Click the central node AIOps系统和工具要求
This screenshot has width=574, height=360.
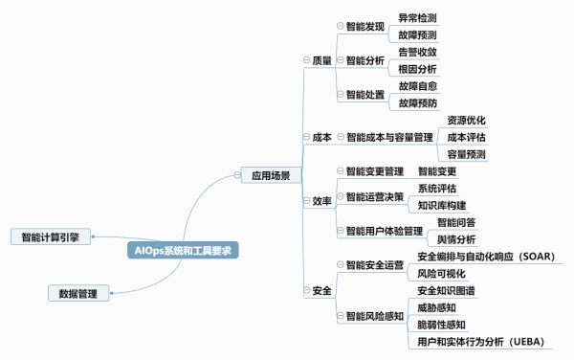(183, 250)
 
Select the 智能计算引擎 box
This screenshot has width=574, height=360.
(51, 236)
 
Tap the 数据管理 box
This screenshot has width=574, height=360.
(78, 293)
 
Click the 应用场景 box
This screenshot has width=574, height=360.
(271, 175)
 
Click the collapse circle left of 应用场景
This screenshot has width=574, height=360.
(237, 175)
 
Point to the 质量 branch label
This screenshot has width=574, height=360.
(321, 60)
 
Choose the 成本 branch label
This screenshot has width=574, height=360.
(321, 137)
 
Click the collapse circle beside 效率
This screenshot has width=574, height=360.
(307, 201)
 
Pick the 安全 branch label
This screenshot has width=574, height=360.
(321, 290)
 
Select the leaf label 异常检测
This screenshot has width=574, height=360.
(417, 18)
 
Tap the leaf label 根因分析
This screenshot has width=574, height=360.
(417, 69)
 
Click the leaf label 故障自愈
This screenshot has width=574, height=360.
(418, 86)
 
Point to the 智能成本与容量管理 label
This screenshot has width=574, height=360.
(389, 137)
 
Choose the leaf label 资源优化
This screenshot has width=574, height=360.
(466, 120)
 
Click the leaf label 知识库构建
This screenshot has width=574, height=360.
(442, 206)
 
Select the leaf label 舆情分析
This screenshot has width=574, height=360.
(456, 239)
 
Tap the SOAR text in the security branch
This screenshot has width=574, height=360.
(537, 257)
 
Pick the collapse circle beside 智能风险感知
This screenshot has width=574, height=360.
(340, 316)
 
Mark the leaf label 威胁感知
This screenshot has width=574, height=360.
(436, 307)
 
